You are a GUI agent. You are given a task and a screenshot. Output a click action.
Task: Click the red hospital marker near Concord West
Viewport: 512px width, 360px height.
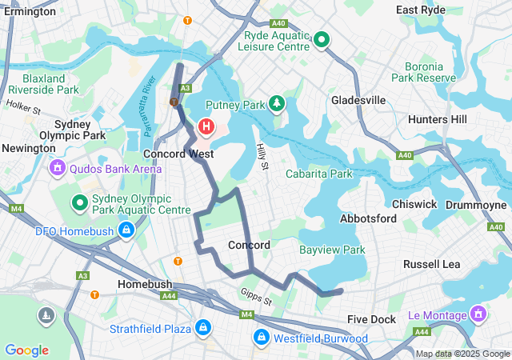(206, 126)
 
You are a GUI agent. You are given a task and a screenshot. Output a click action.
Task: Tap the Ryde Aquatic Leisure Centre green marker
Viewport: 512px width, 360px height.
(322, 38)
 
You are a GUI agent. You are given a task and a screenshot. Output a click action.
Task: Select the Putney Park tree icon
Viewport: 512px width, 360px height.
(277, 103)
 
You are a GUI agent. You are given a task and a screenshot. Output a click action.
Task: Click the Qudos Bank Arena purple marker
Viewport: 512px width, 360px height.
(57, 168)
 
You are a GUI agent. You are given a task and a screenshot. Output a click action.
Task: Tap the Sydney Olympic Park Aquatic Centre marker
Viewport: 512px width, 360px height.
(80, 203)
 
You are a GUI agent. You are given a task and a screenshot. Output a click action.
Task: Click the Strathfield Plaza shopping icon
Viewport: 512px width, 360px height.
(203, 329)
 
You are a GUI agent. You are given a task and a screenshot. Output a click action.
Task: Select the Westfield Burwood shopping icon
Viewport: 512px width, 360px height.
(262, 338)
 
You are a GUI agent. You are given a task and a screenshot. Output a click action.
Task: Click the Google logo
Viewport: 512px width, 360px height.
(26, 350)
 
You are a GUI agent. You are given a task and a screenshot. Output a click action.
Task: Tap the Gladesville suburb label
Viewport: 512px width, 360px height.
(358, 100)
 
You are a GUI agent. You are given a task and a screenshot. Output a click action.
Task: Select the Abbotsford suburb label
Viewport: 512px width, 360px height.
(368, 218)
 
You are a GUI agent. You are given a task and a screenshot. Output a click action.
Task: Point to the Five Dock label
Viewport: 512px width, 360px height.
(372, 319)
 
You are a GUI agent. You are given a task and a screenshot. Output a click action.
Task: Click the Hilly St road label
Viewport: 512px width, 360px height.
(261, 156)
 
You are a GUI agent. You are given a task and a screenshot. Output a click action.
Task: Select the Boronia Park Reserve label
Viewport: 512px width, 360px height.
(424, 72)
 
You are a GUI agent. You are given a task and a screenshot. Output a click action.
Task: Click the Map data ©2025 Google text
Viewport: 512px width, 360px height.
(462, 354)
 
